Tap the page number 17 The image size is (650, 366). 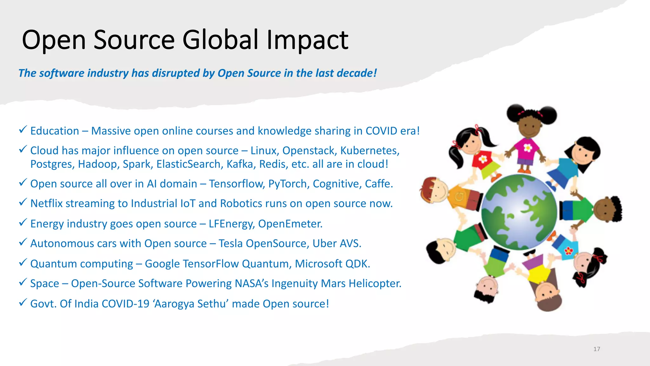point(597,349)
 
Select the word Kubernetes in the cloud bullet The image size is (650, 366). point(369,151)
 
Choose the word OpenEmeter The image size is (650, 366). point(290,224)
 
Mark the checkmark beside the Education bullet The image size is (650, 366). point(23,129)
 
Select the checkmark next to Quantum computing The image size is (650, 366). point(23,262)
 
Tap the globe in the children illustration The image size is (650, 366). point(519,212)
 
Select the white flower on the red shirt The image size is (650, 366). point(483,159)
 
